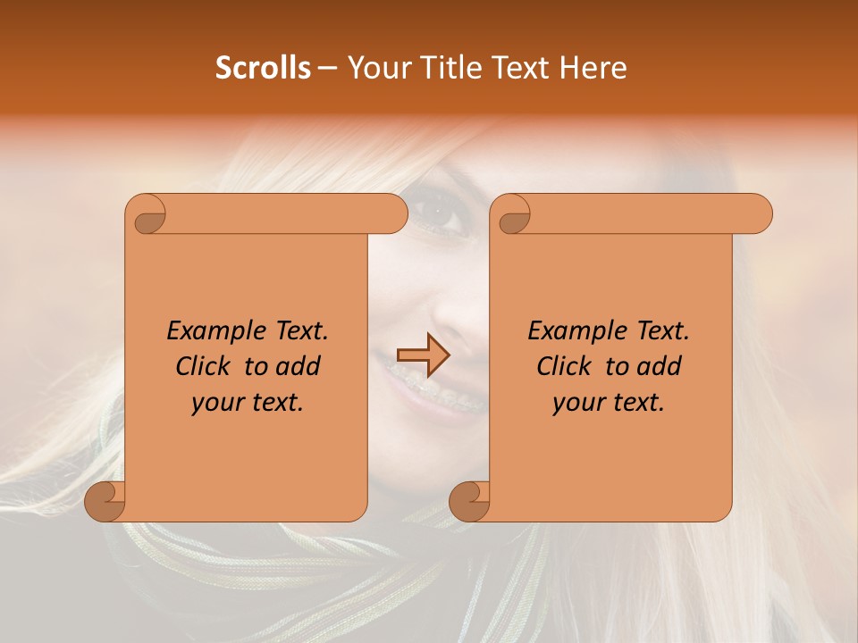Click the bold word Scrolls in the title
coord(263,68)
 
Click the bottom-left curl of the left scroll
coord(105,501)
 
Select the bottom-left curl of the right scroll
coord(469,501)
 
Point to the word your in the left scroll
coord(218,402)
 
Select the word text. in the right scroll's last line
coord(637,402)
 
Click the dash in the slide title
coord(328,68)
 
